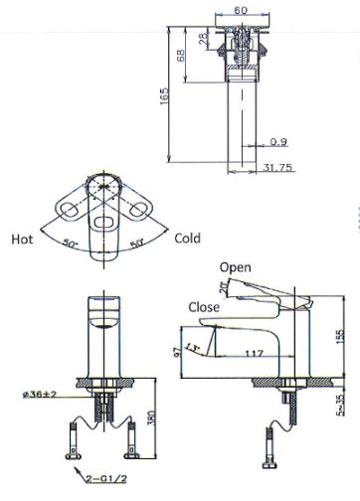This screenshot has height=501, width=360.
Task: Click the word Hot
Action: (x=22, y=239)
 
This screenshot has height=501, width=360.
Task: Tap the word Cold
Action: (x=188, y=239)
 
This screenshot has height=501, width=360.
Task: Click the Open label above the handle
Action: (x=236, y=267)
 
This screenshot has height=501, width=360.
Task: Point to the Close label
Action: (x=204, y=307)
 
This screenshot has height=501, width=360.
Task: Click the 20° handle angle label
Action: (x=223, y=289)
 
